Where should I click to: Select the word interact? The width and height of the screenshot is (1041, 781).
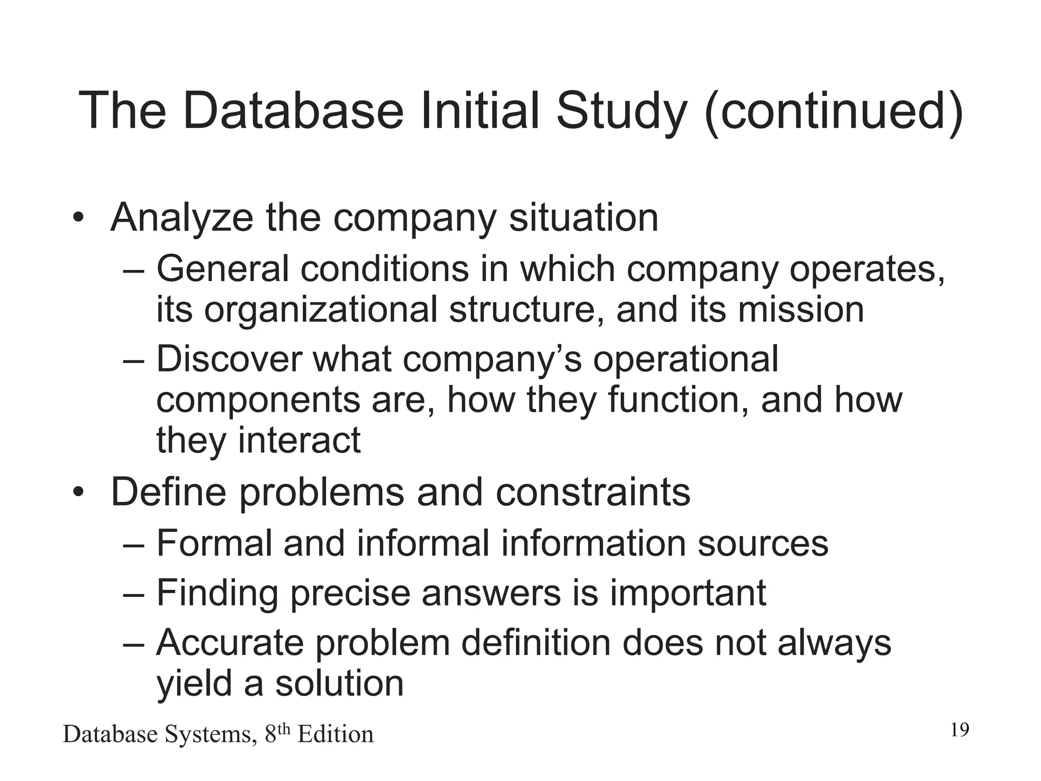[x=299, y=440]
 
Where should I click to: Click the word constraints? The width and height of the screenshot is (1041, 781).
[x=593, y=492]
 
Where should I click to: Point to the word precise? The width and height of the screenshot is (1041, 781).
[x=350, y=593]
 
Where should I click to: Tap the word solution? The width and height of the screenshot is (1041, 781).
[x=339, y=683]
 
